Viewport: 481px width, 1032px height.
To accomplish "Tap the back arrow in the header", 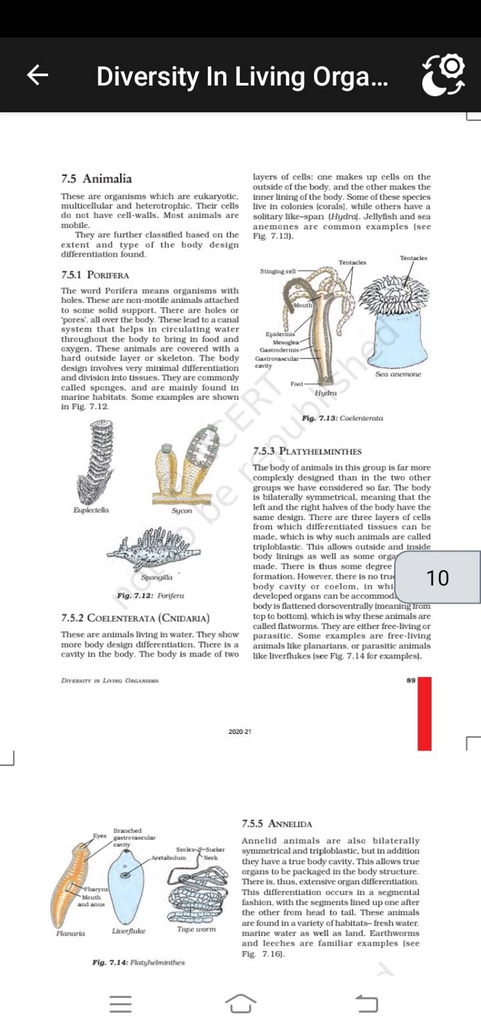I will click(x=38, y=75).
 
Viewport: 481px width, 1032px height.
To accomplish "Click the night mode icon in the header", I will click(x=443, y=75).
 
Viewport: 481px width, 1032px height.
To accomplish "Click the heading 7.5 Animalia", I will click(x=97, y=179).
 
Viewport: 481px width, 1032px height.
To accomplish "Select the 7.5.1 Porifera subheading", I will click(x=95, y=275).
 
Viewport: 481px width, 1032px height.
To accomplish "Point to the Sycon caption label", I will click(x=182, y=511).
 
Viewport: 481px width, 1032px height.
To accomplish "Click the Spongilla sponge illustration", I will click(x=153, y=548).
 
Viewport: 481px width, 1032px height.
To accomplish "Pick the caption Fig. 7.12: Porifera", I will click(x=150, y=596).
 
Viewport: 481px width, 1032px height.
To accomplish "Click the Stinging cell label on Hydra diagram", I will click(x=278, y=271).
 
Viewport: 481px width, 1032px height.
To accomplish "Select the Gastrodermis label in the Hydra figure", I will click(x=279, y=350).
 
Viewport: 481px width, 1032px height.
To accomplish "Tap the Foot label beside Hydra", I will click(x=297, y=384).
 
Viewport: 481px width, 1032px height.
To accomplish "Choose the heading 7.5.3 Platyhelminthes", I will click(x=307, y=451).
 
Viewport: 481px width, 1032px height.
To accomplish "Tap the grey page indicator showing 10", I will click(x=437, y=577).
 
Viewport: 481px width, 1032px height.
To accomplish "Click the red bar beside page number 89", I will click(x=424, y=713).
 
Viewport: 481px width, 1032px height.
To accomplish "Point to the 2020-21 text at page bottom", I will click(x=240, y=732).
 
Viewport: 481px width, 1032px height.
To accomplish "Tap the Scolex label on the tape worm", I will click(x=184, y=850).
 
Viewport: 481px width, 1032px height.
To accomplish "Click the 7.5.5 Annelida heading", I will click(x=277, y=824).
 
